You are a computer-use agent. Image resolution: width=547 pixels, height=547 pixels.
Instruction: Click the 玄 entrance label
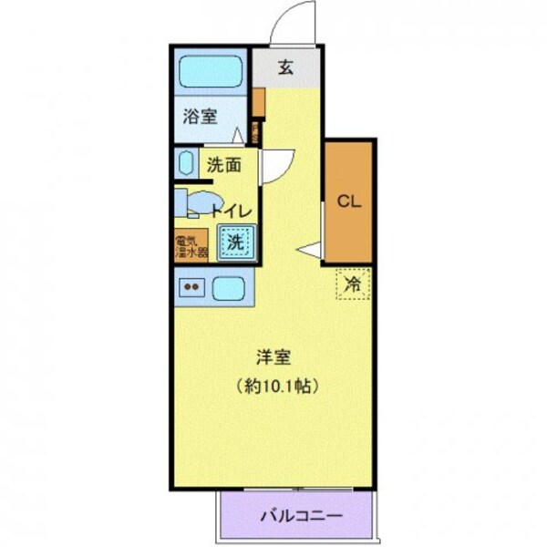point(286,66)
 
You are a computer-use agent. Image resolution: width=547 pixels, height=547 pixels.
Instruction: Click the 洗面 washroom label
point(223,165)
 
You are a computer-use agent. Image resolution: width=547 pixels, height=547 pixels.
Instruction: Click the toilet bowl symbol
point(202,202)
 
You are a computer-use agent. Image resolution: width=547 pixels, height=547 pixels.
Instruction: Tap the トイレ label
point(232,211)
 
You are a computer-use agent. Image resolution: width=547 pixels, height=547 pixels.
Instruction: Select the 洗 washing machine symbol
point(235,243)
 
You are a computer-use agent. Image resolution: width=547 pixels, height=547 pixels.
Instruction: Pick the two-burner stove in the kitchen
point(192,289)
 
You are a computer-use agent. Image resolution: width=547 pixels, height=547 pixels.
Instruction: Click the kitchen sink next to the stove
point(229,289)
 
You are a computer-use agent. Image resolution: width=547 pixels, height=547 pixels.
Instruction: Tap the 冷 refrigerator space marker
point(354,284)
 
